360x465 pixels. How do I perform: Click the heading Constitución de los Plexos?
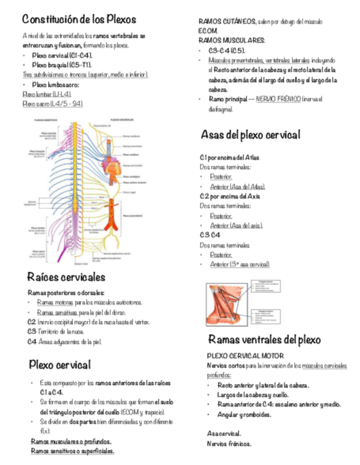tap(79, 19)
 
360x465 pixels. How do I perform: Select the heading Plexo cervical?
tap(59, 364)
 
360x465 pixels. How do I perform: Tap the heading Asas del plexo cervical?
tap(250, 134)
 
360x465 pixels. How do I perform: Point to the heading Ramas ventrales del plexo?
tap(263, 339)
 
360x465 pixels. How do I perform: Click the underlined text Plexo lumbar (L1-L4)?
tap(47, 94)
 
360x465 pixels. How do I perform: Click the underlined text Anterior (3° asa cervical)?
tap(240, 264)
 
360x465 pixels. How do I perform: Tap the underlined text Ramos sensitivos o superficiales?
tap(72, 451)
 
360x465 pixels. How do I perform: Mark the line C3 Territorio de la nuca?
tap(55, 332)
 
